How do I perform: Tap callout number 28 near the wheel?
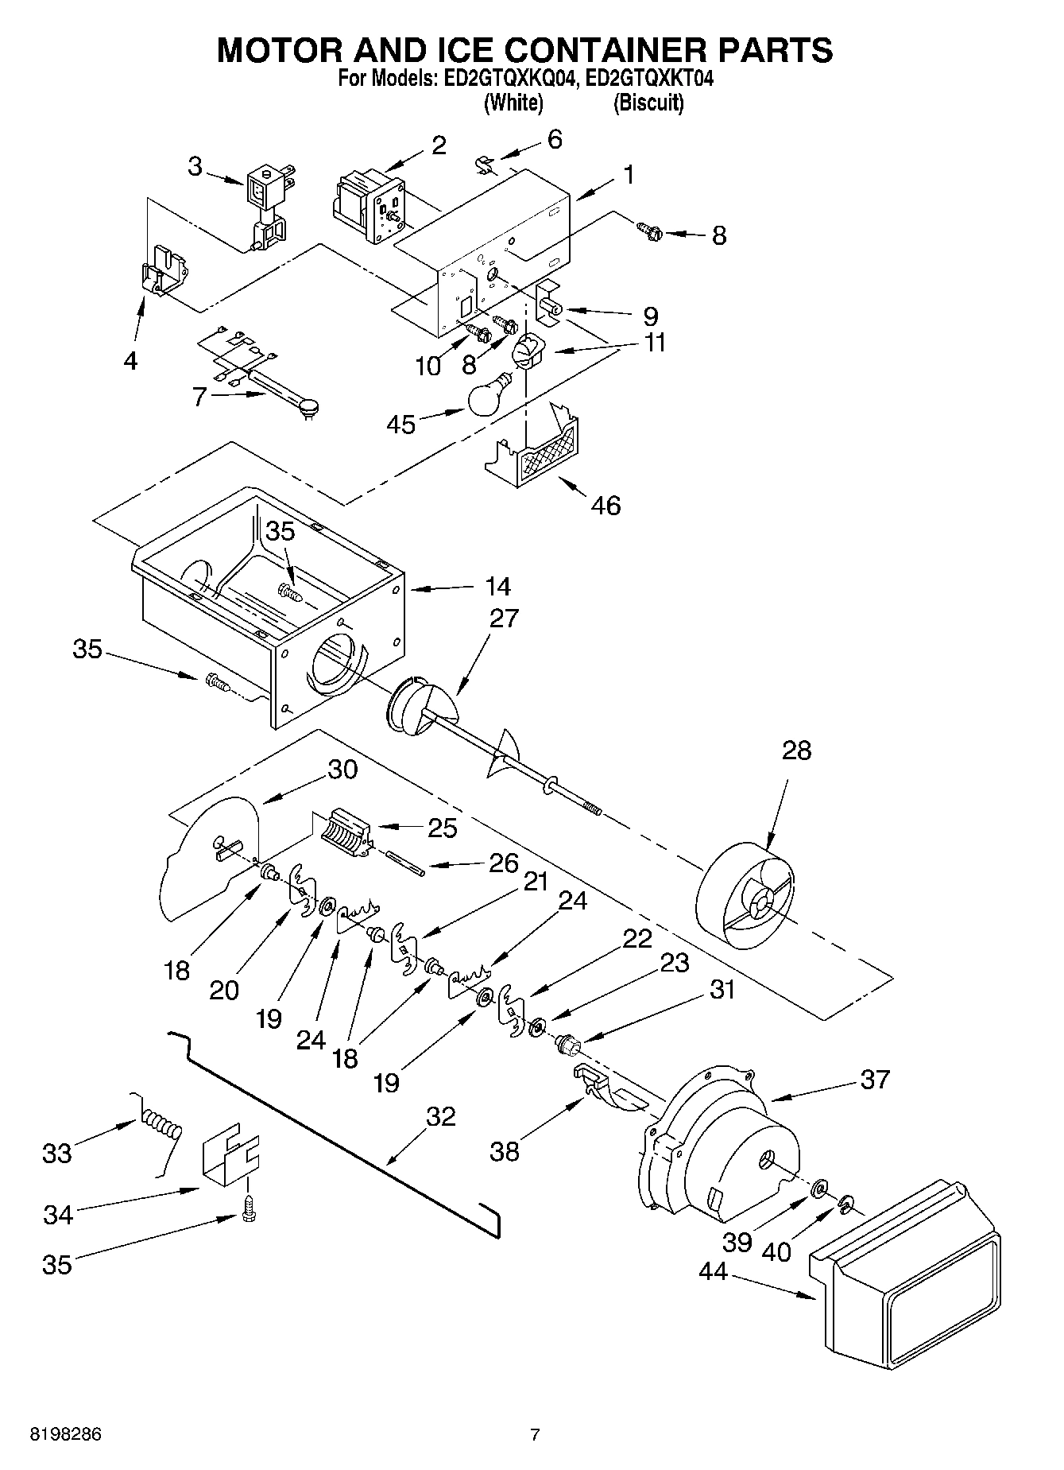[796, 751]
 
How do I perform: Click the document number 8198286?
[66, 1435]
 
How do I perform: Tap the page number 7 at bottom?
[535, 1435]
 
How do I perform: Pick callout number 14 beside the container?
[497, 587]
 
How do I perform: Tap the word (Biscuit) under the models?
[648, 103]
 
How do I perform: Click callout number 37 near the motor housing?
[874, 1080]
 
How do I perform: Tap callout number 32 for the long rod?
[440, 1116]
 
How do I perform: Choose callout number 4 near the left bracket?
[130, 361]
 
